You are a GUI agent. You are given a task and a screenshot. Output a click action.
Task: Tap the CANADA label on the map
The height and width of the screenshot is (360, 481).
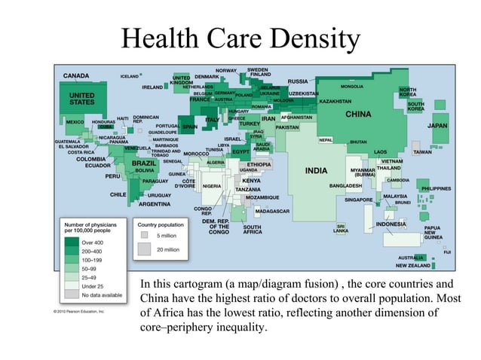75,76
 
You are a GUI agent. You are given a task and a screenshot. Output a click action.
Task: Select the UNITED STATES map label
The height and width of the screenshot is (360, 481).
82,99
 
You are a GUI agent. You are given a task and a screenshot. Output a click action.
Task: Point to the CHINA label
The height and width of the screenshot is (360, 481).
359,114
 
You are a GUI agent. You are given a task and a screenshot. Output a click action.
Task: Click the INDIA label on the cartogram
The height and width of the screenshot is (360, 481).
316,170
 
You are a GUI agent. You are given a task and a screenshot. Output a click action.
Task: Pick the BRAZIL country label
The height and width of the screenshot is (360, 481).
144,163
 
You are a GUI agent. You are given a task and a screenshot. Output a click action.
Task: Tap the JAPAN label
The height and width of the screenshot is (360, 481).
437,126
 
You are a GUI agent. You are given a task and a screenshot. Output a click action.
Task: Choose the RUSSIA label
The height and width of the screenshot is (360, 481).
298,81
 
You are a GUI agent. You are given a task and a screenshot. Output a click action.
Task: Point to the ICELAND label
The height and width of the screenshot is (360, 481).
130,76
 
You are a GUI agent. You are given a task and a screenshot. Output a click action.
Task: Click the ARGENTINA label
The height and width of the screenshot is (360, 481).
154,204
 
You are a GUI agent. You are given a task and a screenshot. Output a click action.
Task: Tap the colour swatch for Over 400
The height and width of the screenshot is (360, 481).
72,243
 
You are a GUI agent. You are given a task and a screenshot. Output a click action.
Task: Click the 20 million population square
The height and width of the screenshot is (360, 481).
145,249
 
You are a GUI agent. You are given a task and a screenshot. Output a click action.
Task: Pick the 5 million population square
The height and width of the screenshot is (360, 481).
145,235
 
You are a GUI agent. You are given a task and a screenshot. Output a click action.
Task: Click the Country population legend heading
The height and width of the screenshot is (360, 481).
160,224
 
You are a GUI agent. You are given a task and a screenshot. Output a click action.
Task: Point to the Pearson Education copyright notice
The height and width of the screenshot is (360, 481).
78,310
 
